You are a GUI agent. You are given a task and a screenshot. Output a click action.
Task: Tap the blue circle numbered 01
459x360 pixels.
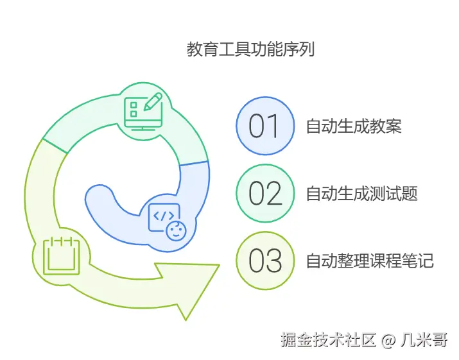[265, 126]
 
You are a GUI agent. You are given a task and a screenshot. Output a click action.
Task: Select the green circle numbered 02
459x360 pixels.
[265, 193]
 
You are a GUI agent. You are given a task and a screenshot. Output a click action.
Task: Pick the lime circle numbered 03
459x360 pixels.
[265, 261]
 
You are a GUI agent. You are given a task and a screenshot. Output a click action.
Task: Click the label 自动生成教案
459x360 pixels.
[354, 126]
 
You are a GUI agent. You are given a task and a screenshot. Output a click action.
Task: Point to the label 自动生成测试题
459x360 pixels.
[361, 193]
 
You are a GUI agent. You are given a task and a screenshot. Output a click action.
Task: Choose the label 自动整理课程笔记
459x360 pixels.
[370, 261]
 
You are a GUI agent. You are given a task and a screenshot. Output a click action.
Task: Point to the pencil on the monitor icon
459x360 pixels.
[153, 102]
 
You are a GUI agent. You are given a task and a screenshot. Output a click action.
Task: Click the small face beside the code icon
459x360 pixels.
[174, 230]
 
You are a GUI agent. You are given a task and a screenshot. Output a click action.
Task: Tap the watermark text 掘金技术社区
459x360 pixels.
[327, 339]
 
